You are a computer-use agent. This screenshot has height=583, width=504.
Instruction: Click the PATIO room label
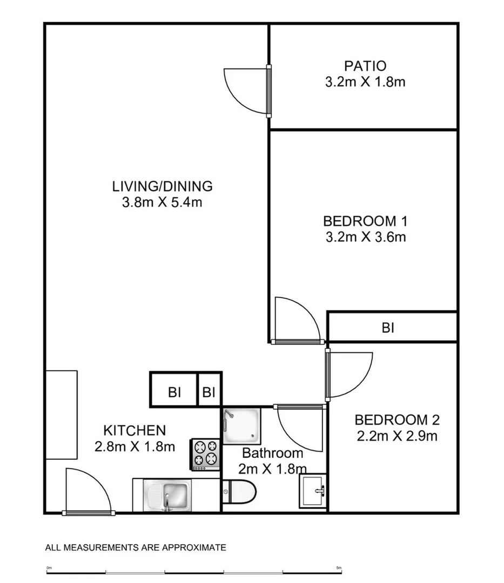[x=365, y=66]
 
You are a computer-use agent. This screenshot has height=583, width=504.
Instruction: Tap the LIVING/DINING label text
[x=162, y=186]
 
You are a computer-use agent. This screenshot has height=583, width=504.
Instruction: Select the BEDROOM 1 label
[x=365, y=221]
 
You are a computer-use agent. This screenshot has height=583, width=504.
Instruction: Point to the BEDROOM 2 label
[x=397, y=420]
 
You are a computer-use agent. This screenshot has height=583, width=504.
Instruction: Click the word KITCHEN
[x=135, y=431]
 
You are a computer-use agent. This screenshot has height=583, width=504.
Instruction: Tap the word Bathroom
[x=273, y=453]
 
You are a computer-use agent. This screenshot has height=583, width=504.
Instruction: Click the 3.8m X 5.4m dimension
[x=162, y=202]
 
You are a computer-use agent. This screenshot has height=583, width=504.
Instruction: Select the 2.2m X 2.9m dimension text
[x=397, y=436]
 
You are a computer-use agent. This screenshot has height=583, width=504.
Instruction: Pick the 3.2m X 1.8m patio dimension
[x=365, y=82]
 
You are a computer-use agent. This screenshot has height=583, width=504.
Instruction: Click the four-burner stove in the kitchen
[x=206, y=455]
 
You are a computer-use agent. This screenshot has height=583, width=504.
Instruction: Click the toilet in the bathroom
[x=239, y=492]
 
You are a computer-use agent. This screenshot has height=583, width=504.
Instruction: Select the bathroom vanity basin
[x=313, y=491]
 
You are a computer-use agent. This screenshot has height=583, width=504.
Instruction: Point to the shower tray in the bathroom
[x=241, y=426]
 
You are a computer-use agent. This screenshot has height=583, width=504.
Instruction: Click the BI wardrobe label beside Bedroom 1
[x=388, y=328]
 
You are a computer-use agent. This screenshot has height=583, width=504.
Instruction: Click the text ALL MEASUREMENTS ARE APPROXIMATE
[x=136, y=548]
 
